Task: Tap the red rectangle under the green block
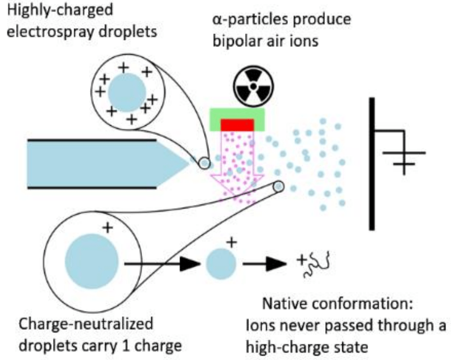point(237,125)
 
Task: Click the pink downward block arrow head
point(236,190)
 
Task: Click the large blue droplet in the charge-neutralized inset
point(91,263)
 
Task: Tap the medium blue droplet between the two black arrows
point(221,263)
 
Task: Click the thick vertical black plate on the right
point(371,164)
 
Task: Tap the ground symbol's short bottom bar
point(403,165)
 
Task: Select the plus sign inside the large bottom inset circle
point(107,226)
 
